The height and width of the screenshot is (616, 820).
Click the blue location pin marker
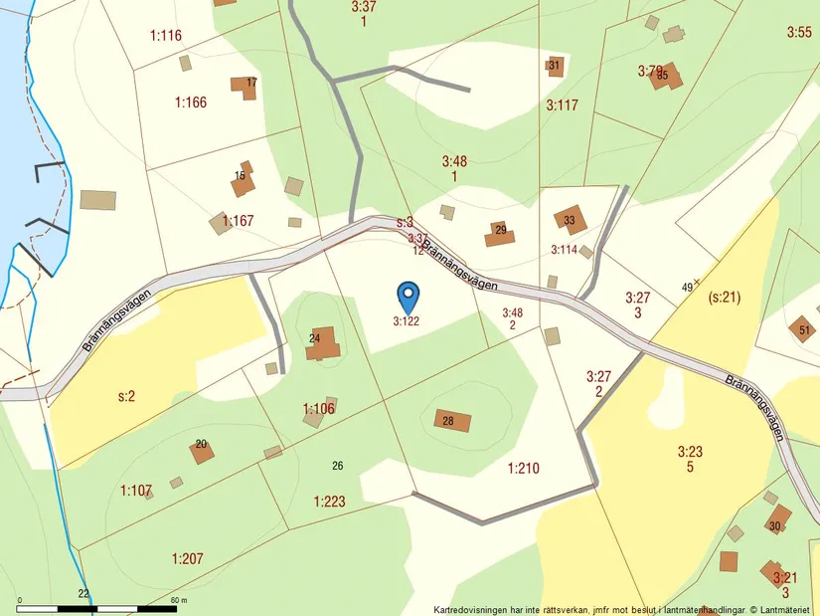point(409,296)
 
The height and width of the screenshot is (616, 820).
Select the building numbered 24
point(323,343)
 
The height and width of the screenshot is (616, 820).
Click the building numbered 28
point(452,420)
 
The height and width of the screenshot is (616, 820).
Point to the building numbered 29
point(499,235)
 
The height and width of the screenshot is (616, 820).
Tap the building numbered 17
point(244,87)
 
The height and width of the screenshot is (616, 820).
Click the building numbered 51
point(801,328)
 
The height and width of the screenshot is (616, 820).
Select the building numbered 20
point(202,451)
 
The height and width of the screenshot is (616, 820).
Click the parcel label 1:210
point(523,468)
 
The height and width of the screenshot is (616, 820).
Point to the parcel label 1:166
point(190,102)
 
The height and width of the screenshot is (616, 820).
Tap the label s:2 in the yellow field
point(126,396)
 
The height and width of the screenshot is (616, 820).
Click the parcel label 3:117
point(562,104)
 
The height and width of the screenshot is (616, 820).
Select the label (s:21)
point(726,297)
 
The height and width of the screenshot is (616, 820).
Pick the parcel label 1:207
point(187,558)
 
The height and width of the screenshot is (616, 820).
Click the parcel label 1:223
point(329,501)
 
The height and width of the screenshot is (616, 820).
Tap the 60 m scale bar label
point(179,600)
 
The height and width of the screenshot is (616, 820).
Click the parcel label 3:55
point(799,33)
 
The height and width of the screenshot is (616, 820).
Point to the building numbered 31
point(555,67)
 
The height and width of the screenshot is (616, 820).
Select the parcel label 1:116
point(166,36)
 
